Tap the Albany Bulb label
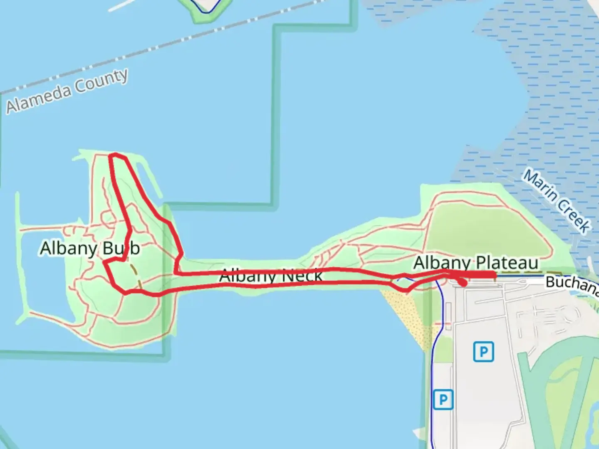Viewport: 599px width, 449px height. coord(90,248)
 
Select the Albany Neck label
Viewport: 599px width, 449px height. coord(271,275)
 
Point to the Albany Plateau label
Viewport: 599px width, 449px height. coord(476,263)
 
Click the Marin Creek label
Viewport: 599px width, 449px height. coord(557,200)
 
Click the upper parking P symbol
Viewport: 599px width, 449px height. coord(483,352)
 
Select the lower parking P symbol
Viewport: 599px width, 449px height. coord(443,400)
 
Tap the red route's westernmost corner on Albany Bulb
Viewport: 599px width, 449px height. coord(104,262)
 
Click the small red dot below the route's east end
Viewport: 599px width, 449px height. coord(463,284)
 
